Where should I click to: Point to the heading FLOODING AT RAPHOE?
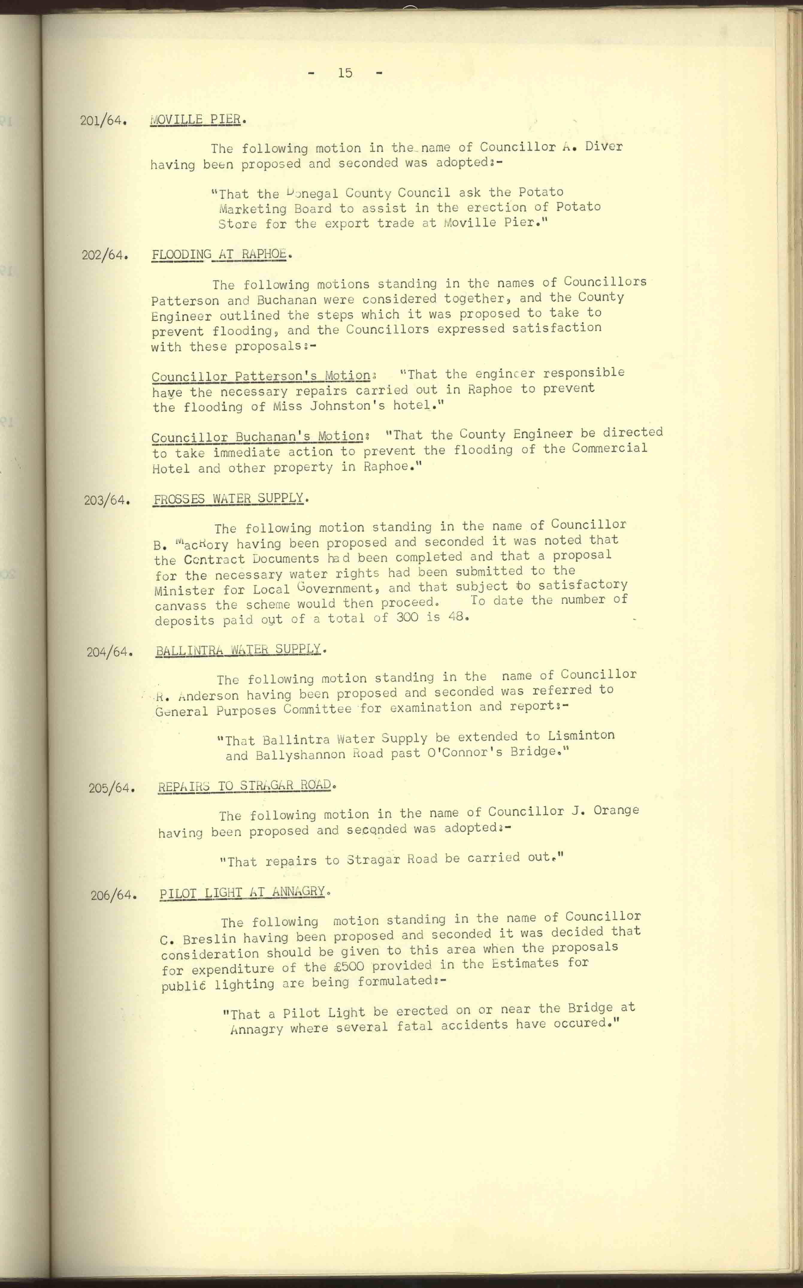(x=219, y=254)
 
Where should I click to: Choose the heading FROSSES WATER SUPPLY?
(x=228, y=499)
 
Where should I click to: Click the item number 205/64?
(x=110, y=788)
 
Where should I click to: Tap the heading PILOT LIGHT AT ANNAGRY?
(x=242, y=892)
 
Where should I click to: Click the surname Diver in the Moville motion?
(x=604, y=146)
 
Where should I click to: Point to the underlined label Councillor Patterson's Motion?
(x=261, y=377)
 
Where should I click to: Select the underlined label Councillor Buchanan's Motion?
(x=258, y=437)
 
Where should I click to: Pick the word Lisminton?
(x=581, y=736)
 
